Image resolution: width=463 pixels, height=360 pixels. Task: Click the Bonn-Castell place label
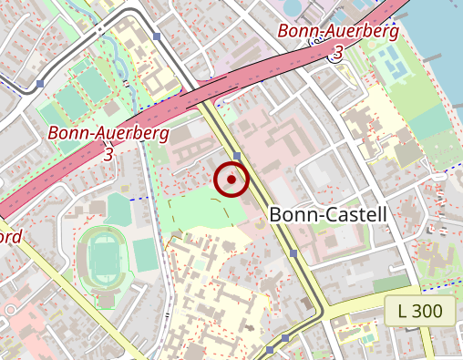point(329,215)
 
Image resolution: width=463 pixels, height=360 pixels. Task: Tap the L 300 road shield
point(419,311)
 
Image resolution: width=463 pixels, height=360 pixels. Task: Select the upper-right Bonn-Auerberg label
point(338,32)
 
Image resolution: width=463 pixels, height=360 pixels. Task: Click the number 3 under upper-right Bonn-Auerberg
point(338,53)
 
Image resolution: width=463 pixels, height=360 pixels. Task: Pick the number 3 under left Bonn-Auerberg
point(108,154)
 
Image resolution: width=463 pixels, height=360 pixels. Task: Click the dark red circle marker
point(231,180)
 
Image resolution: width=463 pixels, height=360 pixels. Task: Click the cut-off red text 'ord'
point(10,236)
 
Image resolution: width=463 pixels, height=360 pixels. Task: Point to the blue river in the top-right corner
point(437,36)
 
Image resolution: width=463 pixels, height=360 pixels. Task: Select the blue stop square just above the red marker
point(236,156)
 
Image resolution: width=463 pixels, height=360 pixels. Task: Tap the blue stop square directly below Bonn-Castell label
point(293,252)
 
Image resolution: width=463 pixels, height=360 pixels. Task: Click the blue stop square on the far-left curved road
point(40,84)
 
